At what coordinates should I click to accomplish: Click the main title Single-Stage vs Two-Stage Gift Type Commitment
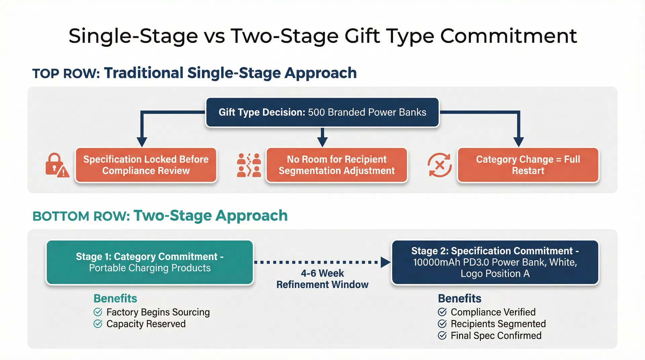(322, 36)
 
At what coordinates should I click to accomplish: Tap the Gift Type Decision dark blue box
(322, 112)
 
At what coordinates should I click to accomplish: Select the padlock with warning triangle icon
(57, 165)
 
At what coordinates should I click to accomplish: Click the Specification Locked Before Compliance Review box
(146, 165)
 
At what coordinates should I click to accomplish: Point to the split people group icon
(249, 165)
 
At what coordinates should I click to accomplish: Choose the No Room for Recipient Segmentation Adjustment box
(337, 165)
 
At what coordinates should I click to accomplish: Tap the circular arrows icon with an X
(439, 165)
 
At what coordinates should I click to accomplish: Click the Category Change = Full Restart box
(528, 165)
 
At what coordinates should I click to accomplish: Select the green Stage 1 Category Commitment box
(149, 262)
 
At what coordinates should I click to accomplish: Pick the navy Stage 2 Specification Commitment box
(495, 262)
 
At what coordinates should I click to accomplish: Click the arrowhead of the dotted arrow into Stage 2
(385, 262)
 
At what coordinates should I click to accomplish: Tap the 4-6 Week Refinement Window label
(322, 279)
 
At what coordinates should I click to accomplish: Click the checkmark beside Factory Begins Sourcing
(98, 312)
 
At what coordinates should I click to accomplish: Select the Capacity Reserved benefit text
(146, 324)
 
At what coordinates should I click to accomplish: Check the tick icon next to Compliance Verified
(442, 312)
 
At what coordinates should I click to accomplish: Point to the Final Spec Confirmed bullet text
(496, 335)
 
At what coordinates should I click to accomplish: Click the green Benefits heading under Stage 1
(115, 298)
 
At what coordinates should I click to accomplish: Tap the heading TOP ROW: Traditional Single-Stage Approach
(194, 73)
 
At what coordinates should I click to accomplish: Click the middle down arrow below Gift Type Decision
(322, 137)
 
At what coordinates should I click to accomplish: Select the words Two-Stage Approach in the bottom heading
(211, 216)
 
